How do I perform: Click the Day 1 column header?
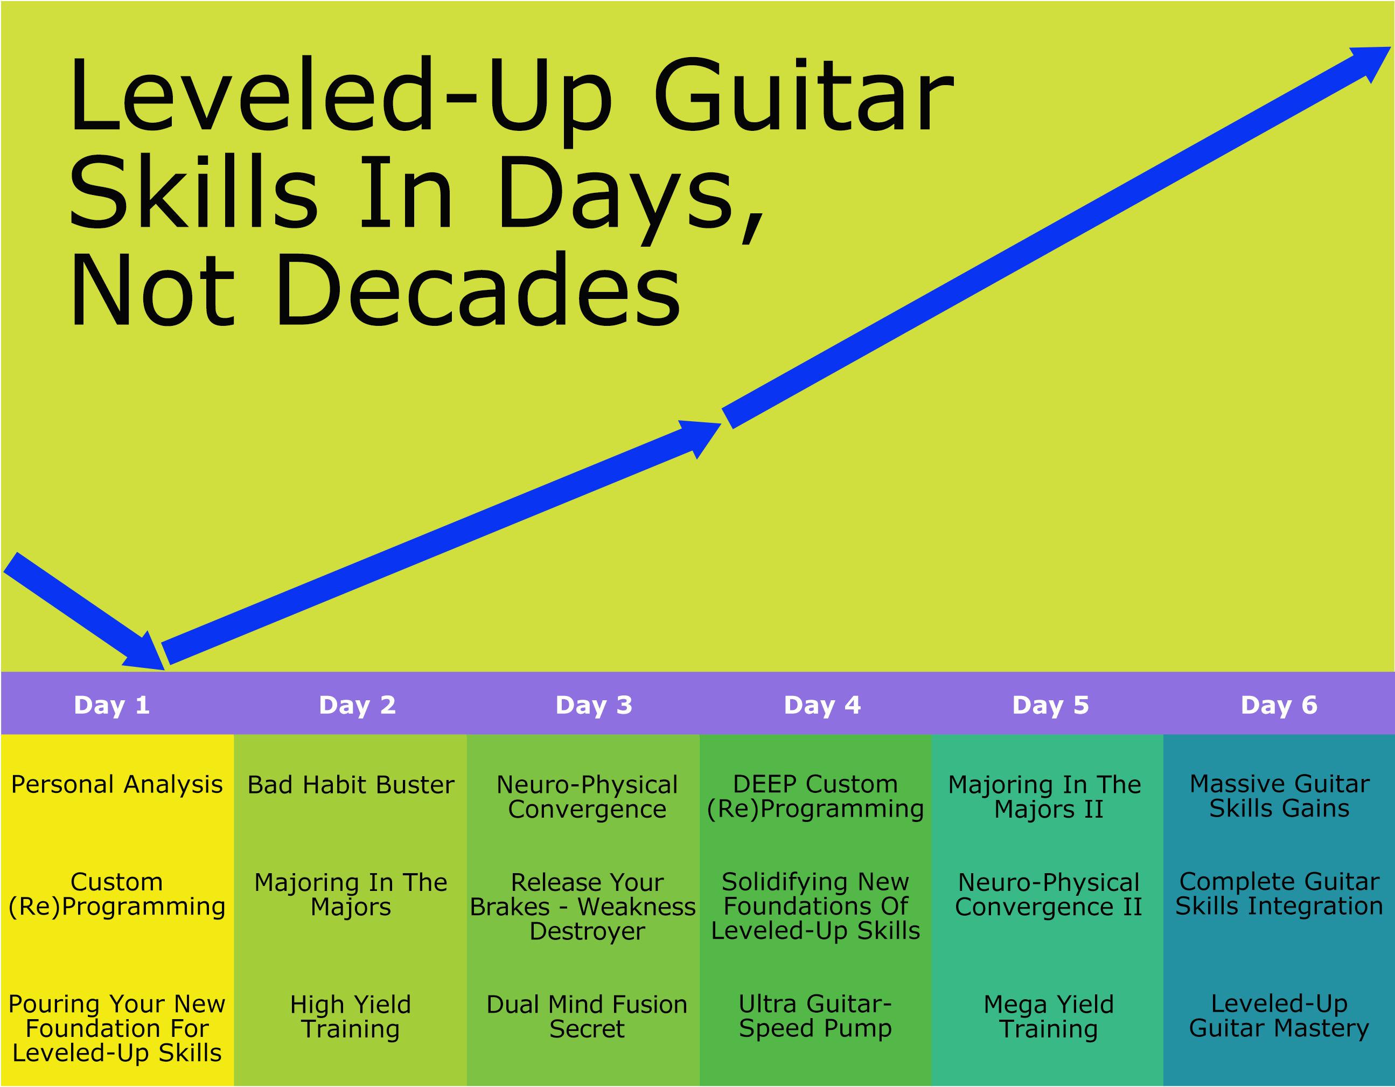[112, 705]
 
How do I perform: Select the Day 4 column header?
[822, 705]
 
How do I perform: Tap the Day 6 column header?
[1279, 705]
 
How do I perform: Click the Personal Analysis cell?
[117, 784]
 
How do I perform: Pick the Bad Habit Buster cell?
[351, 785]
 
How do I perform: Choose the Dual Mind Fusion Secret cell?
[587, 1016]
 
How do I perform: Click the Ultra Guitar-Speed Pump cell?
[815, 1015]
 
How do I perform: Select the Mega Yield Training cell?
[1049, 1016]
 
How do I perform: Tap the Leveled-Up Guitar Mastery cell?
[1279, 1015]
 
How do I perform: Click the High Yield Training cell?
[351, 1016]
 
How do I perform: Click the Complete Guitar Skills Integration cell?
[1279, 894]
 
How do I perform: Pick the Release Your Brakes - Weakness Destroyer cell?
[583, 906]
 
